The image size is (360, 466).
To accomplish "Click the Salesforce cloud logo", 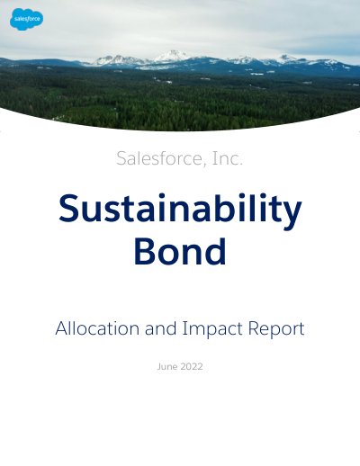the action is coord(27,19).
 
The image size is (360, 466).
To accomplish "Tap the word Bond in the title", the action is coord(180,251).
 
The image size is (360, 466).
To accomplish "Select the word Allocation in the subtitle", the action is coord(97,328).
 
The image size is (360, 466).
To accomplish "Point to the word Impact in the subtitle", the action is coord(213,329).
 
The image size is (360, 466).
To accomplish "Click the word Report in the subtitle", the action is coord(276,329).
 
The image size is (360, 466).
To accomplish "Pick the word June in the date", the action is coord(167,366).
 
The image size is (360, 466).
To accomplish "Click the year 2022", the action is coord(192,366).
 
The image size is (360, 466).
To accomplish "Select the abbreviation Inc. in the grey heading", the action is coord(228,158).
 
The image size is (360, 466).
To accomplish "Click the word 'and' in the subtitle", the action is coord(160,328).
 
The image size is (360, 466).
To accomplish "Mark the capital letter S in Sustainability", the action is coord(68,208).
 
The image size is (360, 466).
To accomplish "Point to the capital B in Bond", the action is coord(144,251).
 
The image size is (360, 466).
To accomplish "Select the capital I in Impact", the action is coord(184,328).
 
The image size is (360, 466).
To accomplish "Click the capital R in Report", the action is coord(254,328).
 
